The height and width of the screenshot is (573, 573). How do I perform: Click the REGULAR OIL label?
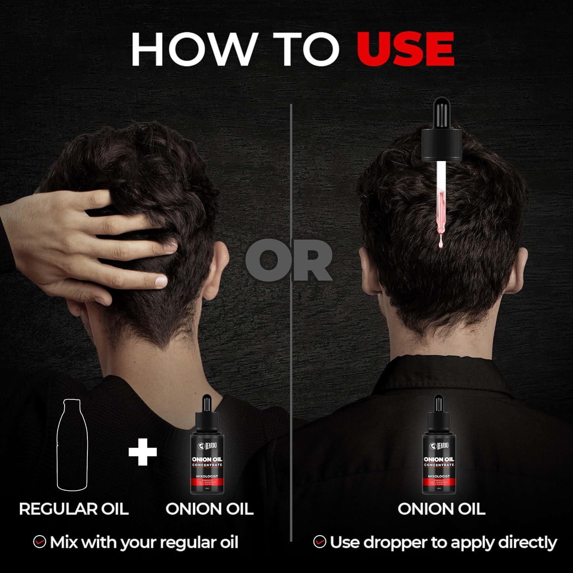(x=74, y=509)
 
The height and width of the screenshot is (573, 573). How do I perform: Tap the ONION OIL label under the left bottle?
(x=209, y=509)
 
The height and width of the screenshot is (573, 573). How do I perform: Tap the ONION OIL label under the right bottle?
(x=441, y=509)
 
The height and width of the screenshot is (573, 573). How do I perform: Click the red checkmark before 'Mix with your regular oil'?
(x=39, y=542)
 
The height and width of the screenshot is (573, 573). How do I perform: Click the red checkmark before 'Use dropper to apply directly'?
(x=319, y=542)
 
